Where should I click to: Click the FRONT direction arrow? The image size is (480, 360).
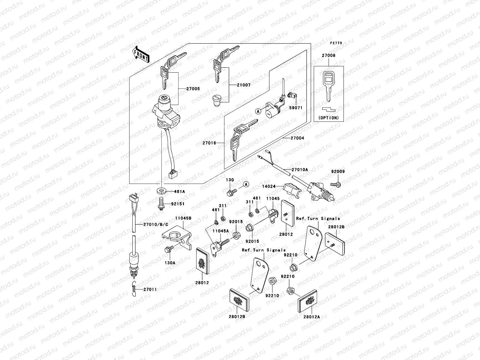point(140,55)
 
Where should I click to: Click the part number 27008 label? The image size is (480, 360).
point(329,55)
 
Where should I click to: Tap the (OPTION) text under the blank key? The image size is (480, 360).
point(328,118)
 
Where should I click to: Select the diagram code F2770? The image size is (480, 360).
point(336,43)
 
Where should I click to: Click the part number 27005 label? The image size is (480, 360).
point(193,89)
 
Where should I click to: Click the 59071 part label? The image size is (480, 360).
point(296,108)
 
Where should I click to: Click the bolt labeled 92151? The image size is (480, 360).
point(161,205)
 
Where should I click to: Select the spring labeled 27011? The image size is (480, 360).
point(135,289)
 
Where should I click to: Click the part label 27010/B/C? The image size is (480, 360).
point(156,224)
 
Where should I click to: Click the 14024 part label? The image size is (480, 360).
point(268,186)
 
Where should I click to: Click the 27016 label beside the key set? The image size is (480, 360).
point(209,143)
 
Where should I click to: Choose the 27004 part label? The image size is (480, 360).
point(297,138)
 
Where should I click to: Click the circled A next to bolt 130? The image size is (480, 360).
point(246,184)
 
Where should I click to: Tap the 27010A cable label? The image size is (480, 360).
point(300,169)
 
